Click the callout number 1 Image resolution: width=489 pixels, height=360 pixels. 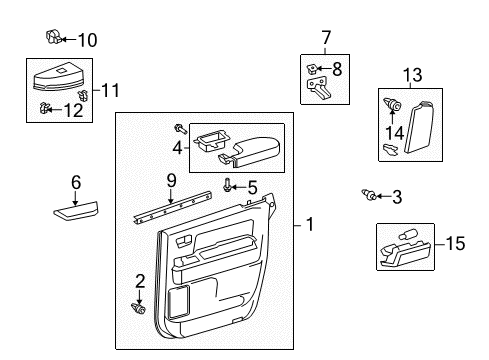pos(309,226)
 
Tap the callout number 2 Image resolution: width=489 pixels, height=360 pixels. pos(140,281)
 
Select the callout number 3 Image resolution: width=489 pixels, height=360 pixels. pos(396,197)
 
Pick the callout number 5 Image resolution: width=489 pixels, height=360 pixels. pos(252,186)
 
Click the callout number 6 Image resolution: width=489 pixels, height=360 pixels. pos(75,182)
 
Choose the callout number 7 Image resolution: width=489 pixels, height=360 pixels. pos(325,38)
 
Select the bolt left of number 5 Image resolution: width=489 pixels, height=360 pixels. pos(230,185)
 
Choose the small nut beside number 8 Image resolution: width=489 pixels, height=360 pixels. pos(313,69)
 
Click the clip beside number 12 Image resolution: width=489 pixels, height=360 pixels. pos(45,108)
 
